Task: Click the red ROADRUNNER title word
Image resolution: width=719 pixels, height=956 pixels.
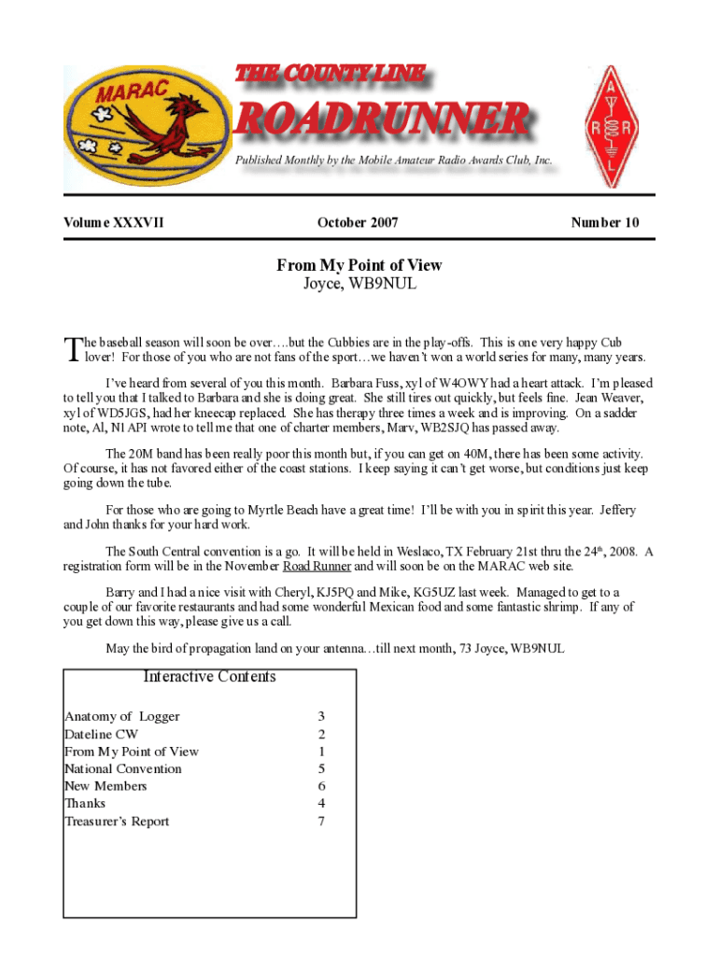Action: click(x=383, y=119)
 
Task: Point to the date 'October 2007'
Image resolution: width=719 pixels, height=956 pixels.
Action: click(x=358, y=222)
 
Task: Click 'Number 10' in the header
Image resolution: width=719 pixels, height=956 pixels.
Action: click(x=605, y=222)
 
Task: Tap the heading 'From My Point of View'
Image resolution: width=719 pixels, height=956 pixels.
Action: click(x=359, y=265)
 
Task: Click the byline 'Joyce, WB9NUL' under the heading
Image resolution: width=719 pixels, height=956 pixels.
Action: click(x=359, y=284)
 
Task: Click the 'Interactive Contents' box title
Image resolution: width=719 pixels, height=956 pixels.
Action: click(x=209, y=677)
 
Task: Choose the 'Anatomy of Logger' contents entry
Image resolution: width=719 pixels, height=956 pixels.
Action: click(x=121, y=716)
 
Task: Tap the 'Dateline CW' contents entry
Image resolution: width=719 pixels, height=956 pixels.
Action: click(x=101, y=734)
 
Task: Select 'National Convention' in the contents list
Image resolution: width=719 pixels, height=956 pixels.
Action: click(x=122, y=768)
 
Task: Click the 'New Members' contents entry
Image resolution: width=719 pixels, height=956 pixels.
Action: click(x=105, y=786)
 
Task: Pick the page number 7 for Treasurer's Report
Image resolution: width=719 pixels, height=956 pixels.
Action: click(x=321, y=822)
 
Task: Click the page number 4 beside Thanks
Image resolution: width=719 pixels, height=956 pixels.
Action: click(x=321, y=803)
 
